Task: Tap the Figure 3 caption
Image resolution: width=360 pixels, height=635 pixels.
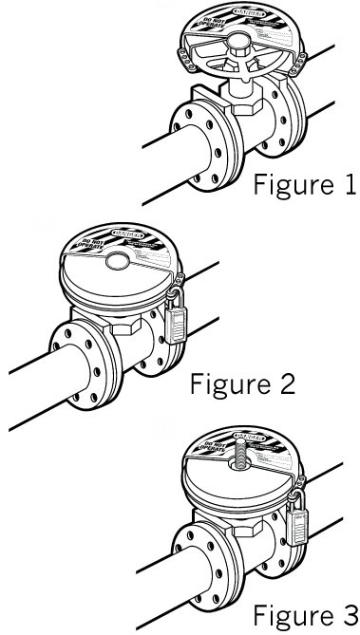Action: pos(302,612)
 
